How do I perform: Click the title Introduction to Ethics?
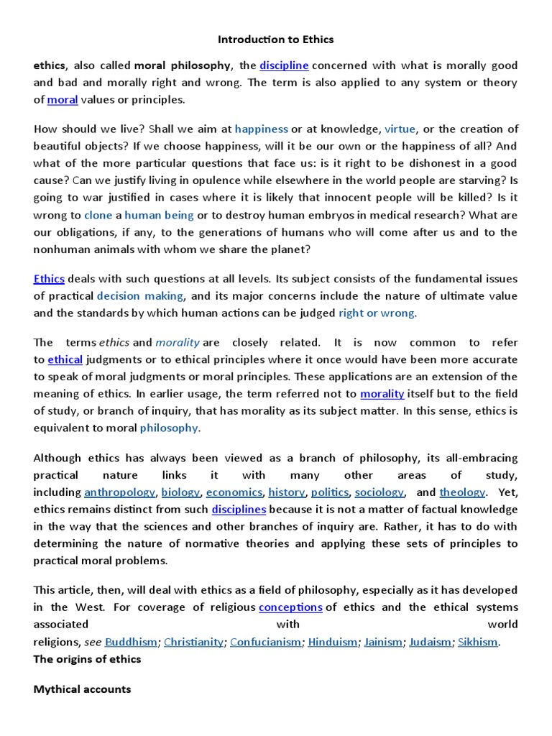coord(276,39)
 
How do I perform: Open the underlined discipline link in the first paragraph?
coord(284,65)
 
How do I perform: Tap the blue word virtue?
coord(400,129)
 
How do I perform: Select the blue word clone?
coord(98,215)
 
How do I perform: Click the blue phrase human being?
coord(159,215)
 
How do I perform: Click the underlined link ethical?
coord(65,359)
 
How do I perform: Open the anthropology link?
coord(119,492)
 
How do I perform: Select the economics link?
coord(234,492)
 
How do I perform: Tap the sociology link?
coord(379,492)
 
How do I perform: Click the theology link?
coord(462,492)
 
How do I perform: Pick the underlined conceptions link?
coord(290,607)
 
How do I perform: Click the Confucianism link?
coord(266,642)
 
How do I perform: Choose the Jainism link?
coord(383,642)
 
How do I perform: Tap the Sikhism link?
coord(478,642)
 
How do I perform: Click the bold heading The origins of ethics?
coord(87,659)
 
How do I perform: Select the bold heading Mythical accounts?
coord(82,689)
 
